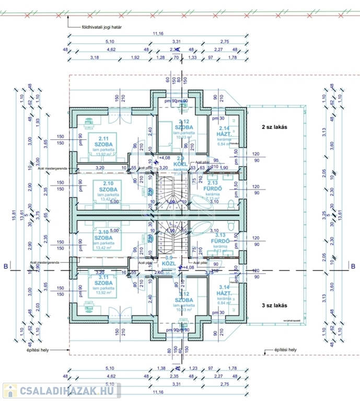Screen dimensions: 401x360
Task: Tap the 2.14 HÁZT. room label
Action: pyautogui.click(x=225, y=132)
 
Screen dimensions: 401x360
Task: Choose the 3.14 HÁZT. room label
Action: pyautogui.click(x=225, y=290)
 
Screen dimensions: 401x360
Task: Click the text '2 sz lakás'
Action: pyautogui.click(x=275, y=127)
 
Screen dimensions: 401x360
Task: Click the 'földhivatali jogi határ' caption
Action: pyautogui.click(x=101, y=25)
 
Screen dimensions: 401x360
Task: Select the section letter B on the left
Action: pyautogui.click(x=6, y=267)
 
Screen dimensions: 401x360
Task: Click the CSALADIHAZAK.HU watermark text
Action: pyautogui.click(x=68, y=391)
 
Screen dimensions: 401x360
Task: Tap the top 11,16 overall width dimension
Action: pyautogui.click(x=158, y=34)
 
